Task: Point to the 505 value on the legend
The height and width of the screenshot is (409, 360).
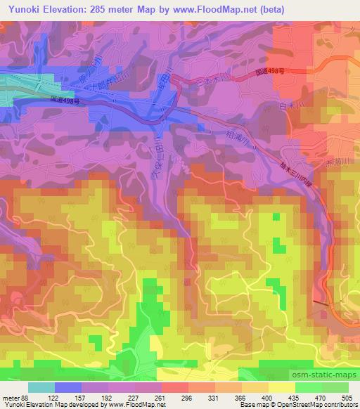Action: pos(347,398)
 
